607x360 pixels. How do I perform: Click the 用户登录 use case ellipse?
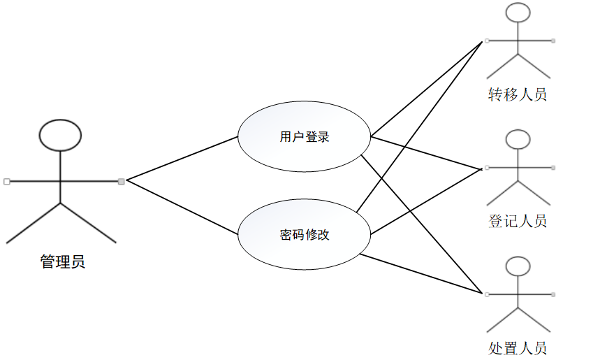click(304, 137)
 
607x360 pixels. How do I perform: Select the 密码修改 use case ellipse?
click(304, 235)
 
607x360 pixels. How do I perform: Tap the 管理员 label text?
click(63, 263)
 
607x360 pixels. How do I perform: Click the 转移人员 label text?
click(517, 94)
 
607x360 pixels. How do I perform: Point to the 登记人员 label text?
click(517, 222)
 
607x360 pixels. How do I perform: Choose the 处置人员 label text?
click(517, 347)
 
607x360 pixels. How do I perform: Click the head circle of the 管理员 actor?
click(61, 135)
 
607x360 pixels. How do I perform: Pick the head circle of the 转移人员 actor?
click(518, 14)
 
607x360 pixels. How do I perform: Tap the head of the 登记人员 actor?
click(518, 140)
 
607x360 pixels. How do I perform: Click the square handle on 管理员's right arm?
click(122, 182)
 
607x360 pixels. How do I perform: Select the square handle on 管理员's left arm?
click(6, 182)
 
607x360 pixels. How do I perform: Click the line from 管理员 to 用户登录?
click(182, 159)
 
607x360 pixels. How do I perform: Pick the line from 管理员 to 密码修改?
click(182, 208)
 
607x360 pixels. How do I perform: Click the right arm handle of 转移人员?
click(553, 41)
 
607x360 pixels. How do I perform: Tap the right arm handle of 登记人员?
click(553, 168)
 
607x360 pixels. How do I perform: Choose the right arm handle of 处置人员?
click(553, 294)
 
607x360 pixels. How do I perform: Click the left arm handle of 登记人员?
click(485, 168)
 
